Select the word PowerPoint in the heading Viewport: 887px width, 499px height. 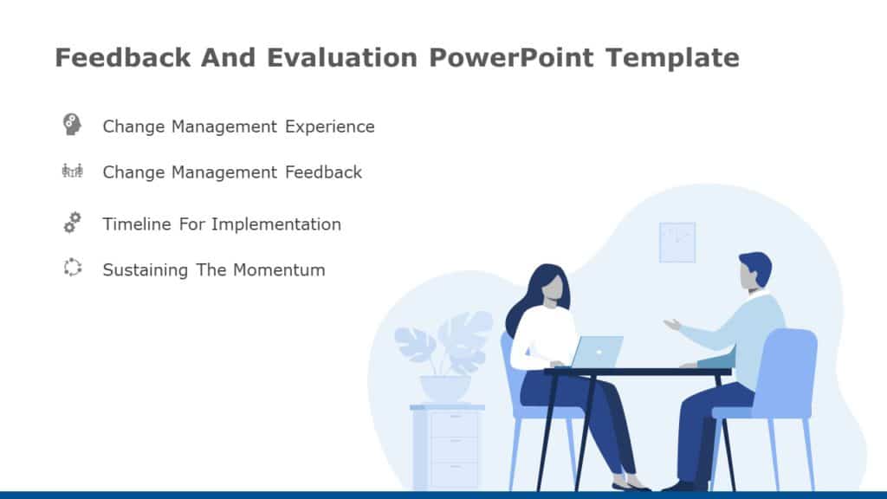510,58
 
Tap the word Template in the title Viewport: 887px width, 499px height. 672,58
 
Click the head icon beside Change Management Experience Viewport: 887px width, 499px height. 72,124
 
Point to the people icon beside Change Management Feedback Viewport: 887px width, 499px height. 72,171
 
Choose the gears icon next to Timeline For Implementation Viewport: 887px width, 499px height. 72,223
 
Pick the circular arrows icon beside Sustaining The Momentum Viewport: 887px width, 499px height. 72,268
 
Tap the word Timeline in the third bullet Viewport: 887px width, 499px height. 137,224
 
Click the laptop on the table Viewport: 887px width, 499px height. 598,352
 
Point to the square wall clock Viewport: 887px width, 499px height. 677,242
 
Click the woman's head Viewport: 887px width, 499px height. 547,284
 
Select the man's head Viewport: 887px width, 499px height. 753,271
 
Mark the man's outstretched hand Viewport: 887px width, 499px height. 672,325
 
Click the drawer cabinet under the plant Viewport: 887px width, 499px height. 447,446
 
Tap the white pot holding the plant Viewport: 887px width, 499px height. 445,388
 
